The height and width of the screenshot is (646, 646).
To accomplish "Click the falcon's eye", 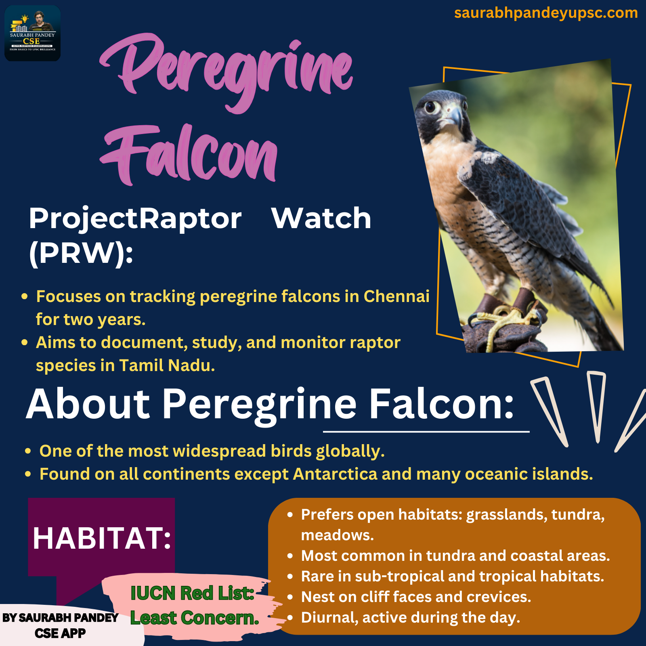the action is pyautogui.click(x=432, y=107).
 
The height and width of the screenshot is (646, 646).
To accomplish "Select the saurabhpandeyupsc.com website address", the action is pyautogui.click(x=546, y=13).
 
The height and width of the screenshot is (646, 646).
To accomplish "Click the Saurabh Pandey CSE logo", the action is pyautogui.click(x=32, y=33).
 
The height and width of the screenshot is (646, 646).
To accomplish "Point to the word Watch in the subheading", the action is pyautogui.click(x=321, y=218).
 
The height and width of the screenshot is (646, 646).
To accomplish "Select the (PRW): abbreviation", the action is pyautogui.click(x=81, y=254).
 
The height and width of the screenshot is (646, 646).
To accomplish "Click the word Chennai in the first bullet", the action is pyautogui.click(x=396, y=296).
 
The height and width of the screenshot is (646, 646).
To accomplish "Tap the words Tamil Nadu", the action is pyautogui.click(x=167, y=365).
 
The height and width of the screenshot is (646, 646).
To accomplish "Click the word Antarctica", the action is pyautogui.click(x=335, y=474).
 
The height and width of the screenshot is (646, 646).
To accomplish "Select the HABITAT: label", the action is pyautogui.click(x=102, y=538).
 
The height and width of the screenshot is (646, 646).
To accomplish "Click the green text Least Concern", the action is pyautogui.click(x=195, y=618).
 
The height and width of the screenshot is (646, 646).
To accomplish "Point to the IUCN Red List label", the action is pyautogui.click(x=192, y=593).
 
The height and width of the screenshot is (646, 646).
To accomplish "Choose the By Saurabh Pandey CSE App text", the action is pyautogui.click(x=60, y=625).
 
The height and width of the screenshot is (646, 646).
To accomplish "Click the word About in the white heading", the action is pyautogui.click(x=88, y=404).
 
